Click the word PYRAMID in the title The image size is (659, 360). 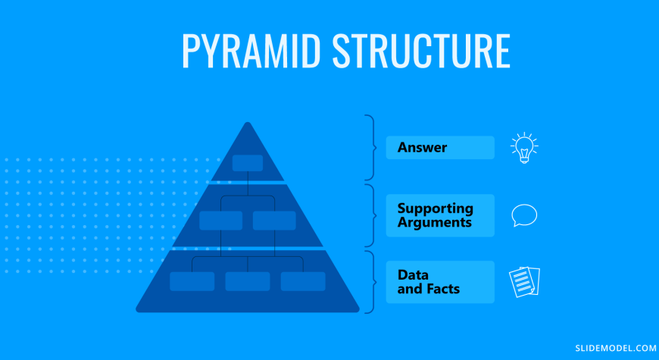[251, 51]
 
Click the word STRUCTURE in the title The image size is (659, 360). [421, 51]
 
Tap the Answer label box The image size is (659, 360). [440, 148]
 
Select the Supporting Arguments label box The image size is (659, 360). [440, 215]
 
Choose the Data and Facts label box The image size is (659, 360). [440, 282]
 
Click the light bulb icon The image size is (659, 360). [524, 148]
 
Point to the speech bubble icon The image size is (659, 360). [524, 215]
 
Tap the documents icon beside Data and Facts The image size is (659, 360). [524, 282]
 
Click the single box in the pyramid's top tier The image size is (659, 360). [248, 163]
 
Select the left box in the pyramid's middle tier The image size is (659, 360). [220, 221]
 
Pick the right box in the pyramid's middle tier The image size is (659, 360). [274, 221]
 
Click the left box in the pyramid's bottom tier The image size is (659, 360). [192, 281]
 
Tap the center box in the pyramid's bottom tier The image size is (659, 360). [248, 281]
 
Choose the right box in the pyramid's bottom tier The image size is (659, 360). [303, 281]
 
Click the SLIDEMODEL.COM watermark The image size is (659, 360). [616, 348]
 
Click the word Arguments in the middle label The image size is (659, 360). [435, 223]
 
